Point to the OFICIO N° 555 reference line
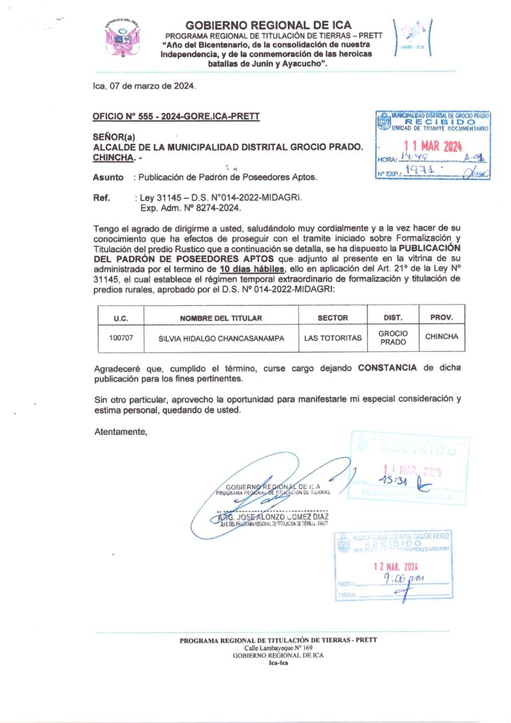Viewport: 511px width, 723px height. [176, 116]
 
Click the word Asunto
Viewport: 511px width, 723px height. [108, 178]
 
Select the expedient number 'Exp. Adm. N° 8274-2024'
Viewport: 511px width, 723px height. [189, 208]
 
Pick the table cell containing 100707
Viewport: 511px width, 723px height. [121, 338]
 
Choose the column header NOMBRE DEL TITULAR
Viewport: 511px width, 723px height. [221, 318]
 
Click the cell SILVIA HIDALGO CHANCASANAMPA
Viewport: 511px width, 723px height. [221, 338]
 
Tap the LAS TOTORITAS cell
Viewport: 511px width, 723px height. [333, 338]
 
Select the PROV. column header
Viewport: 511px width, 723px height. [441, 317]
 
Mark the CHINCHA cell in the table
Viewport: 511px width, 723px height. [442, 337]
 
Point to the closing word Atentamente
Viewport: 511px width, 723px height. [120, 432]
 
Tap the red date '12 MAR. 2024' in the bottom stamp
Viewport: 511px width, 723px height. [395, 567]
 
